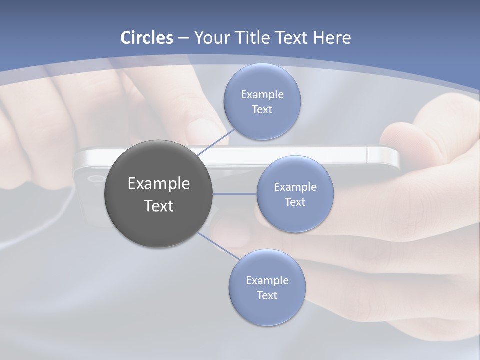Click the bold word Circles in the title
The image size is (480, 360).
click(147, 38)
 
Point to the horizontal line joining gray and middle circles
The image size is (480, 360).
click(235, 194)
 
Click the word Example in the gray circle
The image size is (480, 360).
click(158, 183)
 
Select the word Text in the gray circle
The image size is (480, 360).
click(158, 206)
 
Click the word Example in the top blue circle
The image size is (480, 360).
click(262, 94)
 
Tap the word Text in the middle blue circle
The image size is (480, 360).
click(295, 202)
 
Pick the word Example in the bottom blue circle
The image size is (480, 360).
click(267, 280)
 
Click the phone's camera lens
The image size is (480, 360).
click(94, 178)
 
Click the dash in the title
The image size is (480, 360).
click(183, 38)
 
